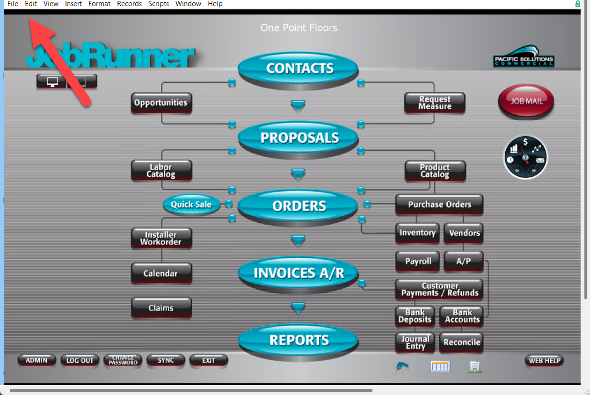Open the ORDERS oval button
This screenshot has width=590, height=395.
point(298,206)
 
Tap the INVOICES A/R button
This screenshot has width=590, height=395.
point(298,273)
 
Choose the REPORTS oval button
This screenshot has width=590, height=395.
point(298,340)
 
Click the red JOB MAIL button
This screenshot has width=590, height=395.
point(526,101)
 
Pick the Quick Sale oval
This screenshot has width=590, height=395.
point(191,205)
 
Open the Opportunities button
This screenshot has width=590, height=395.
point(161,103)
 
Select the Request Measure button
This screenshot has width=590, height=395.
point(435,103)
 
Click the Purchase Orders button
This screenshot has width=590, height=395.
point(440,205)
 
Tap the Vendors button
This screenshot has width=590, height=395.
point(464,233)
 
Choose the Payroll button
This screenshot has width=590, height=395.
point(418,261)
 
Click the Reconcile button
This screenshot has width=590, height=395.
point(461,342)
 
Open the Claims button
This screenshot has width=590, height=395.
point(161,308)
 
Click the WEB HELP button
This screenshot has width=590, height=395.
point(544,360)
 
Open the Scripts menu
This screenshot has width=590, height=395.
point(158,4)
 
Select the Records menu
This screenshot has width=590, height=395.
point(129,4)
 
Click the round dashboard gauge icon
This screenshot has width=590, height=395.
point(525,157)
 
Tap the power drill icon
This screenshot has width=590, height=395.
point(402,367)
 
